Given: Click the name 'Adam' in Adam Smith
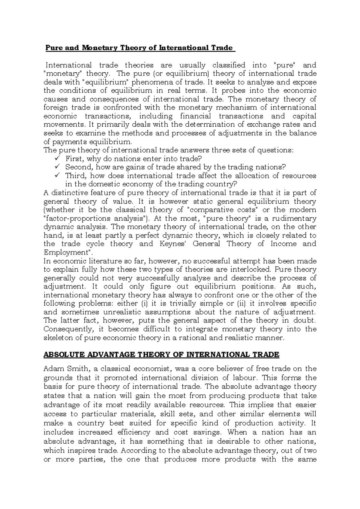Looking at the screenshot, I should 53,369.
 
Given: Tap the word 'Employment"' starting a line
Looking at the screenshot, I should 68,252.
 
